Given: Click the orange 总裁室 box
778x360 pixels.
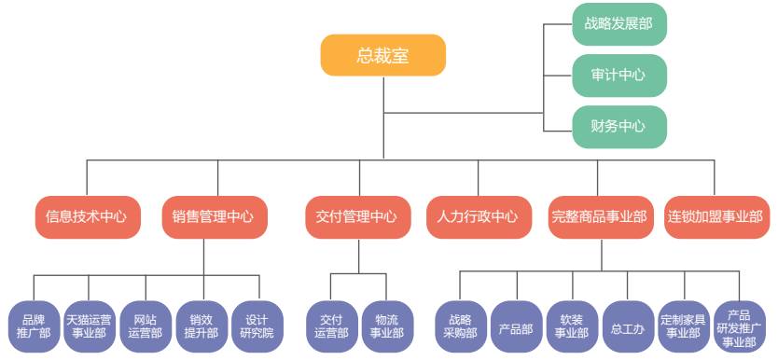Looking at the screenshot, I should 383,55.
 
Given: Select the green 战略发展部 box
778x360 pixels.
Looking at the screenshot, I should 618,24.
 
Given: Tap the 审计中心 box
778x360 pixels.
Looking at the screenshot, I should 618,75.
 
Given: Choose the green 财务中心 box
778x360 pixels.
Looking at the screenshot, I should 618,126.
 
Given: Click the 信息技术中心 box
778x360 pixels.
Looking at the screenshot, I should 87,216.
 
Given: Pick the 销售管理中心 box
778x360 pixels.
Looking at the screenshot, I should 213,216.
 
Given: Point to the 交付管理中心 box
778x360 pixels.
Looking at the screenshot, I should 356,216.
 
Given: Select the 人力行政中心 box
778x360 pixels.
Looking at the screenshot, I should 478,216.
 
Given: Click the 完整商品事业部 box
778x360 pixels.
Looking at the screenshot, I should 599,216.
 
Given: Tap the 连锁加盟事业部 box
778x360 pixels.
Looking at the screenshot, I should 715,216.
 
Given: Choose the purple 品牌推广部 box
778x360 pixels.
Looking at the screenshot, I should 35,325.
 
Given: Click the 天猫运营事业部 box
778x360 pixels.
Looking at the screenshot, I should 90,325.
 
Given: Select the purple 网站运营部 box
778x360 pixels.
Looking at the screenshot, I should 146,325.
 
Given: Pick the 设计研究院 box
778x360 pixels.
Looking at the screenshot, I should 257,325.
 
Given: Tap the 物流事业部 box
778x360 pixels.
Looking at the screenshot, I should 386,325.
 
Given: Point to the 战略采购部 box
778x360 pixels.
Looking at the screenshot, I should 460,325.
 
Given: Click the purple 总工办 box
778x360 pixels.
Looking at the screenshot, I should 628,325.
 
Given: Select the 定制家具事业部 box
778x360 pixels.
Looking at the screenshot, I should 684,325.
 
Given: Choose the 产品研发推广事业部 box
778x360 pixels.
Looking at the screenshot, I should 739,325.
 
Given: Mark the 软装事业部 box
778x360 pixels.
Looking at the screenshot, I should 572,325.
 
